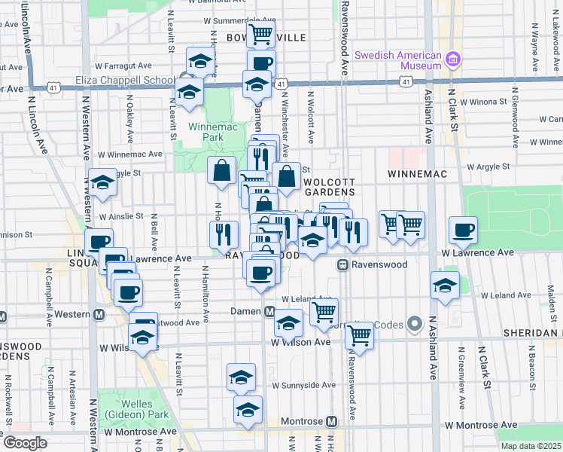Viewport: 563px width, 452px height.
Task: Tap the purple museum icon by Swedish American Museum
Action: [453, 58]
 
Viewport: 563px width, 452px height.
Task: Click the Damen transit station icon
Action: [269, 312]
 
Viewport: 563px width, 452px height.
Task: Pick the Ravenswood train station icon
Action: [342, 265]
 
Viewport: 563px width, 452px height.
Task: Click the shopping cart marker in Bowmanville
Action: [260, 33]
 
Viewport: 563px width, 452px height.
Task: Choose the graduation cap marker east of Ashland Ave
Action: [445, 285]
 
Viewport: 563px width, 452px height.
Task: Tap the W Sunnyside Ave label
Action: [303, 385]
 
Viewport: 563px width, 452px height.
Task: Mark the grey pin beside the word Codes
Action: [413, 324]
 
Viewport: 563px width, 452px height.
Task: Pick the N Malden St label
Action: [552, 298]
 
